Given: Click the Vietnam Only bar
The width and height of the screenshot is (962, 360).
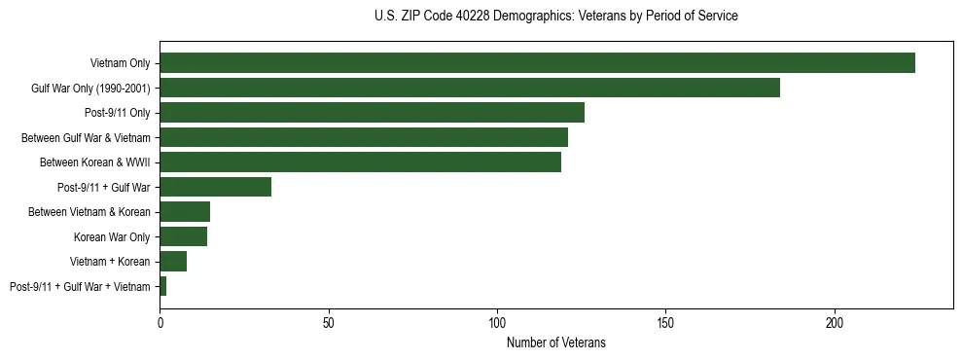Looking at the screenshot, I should click(x=537, y=63).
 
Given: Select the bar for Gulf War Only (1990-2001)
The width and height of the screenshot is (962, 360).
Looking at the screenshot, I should click(x=470, y=88).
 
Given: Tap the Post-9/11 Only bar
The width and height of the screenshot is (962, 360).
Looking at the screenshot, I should click(x=372, y=113).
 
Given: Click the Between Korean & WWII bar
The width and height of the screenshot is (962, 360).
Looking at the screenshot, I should click(x=360, y=162).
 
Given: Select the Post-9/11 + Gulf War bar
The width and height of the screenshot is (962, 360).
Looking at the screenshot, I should click(x=215, y=187).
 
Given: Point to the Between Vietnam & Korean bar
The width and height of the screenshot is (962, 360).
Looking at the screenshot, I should click(x=185, y=212).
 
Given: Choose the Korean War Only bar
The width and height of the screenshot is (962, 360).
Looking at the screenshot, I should click(x=183, y=236).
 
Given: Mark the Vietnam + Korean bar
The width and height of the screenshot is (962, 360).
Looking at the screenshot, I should click(x=173, y=262).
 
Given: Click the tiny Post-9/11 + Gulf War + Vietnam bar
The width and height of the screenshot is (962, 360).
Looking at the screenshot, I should click(x=163, y=286).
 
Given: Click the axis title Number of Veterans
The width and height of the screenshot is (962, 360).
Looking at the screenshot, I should click(x=556, y=342).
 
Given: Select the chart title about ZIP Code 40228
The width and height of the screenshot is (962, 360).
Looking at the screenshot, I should click(x=556, y=17).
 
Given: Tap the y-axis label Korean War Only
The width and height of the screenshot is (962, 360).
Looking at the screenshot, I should click(x=112, y=236).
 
